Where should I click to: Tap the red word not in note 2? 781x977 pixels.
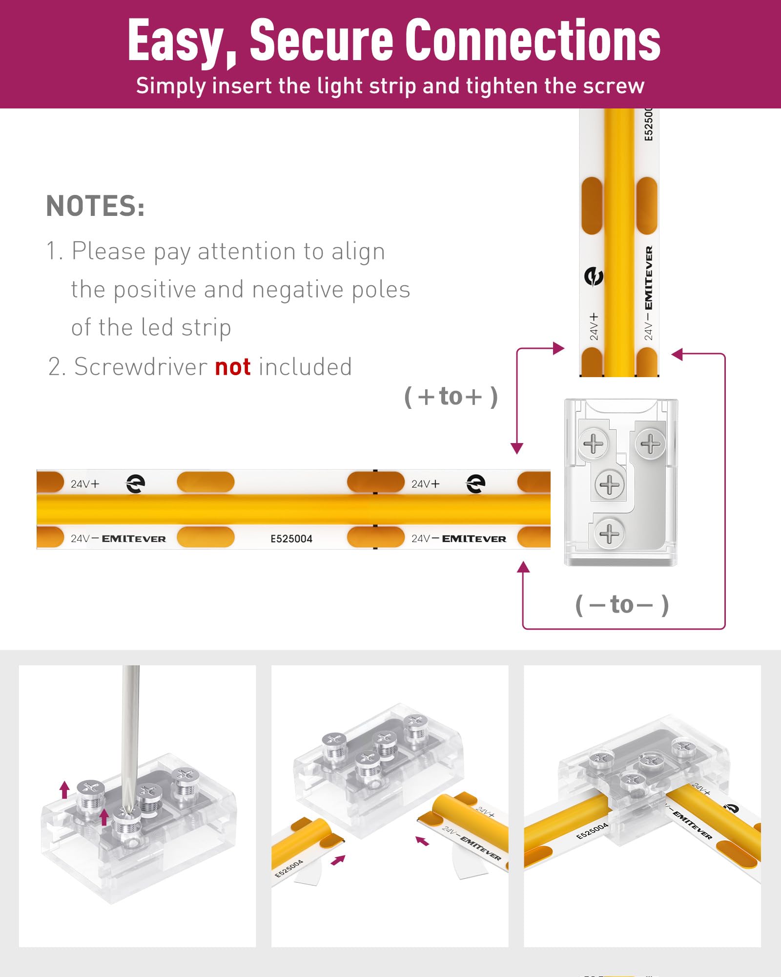pyautogui.click(x=233, y=367)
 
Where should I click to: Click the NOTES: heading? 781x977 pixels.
pyautogui.click(x=95, y=206)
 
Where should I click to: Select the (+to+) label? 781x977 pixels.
pyautogui.click(x=451, y=396)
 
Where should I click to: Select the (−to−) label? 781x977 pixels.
pyautogui.click(x=622, y=605)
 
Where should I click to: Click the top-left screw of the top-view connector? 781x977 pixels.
pyautogui.click(x=593, y=444)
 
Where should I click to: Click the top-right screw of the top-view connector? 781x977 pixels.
pyautogui.click(x=650, y=444)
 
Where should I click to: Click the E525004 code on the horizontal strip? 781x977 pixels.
pyautogui.click(x=291, y=539)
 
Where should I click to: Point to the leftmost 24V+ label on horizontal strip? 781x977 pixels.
pyautogui.click(x=85, y=484)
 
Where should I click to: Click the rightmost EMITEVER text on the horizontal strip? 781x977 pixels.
pyautogui.click(x=474, y=539)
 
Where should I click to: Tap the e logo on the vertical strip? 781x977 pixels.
pyautogui.click(x=594, y=276)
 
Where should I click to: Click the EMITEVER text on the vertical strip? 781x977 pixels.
pyautogui.click(x=649, y=278)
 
